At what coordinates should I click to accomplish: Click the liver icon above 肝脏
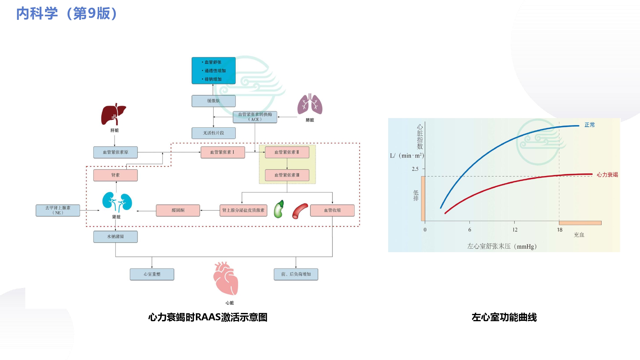click(x=114, y=114)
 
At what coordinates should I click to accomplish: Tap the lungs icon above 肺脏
click(x=310, y=104)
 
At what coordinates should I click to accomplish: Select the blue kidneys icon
click(x=117, y=202)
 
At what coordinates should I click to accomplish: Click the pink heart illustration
click(x=226, y=278)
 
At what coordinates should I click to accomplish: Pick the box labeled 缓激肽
click(x=213, y=101)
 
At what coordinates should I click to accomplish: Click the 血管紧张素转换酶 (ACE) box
click(x=255, y=117)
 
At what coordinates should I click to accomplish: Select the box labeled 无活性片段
click(x=213, y=133)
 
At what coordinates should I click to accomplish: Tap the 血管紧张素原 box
click(x=116, y=152)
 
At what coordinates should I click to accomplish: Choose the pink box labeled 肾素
click(x=116, y=175)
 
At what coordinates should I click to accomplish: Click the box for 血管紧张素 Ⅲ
click(x=287, y=175)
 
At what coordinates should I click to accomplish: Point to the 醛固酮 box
click(x=178, y=210)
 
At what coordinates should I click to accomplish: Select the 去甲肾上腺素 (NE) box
click(x=58, y=210)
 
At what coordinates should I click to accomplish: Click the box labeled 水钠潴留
click(x=116, y=236)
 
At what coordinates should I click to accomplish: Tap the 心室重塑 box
click(x=152, y=274)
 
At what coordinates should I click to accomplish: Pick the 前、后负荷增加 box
click(x=296, y=274)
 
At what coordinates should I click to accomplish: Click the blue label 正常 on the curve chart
click(x=589, y=125)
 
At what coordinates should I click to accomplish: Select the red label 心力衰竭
click(x=607, y=175)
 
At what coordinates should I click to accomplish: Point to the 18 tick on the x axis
click(x=560, y=230)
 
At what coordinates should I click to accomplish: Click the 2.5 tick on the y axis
click(x=415, y=169)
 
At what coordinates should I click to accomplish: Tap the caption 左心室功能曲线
click(x=504, y=317)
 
